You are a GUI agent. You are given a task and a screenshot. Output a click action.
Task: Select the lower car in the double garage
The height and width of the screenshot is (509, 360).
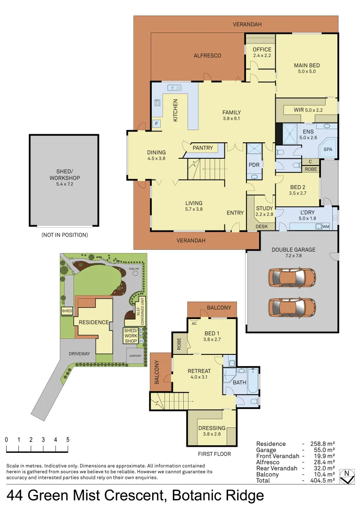pos(292,307)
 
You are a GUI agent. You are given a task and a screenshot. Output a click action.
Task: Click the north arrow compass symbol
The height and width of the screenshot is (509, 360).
pos(347,476)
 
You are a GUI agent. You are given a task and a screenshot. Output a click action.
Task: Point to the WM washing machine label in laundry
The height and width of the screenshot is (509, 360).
pos(326,227)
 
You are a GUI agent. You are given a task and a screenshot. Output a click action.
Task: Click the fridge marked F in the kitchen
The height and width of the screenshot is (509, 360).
pos(156,124)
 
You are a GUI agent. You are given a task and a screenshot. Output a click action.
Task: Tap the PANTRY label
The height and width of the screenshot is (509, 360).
pos(203,148)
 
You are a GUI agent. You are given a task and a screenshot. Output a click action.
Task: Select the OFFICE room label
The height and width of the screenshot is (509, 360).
pos(262,49)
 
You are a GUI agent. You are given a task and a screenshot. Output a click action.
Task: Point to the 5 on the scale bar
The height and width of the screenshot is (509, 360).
pos(68,440)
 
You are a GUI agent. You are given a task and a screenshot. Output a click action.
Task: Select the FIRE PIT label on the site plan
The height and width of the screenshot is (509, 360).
pos(134,269)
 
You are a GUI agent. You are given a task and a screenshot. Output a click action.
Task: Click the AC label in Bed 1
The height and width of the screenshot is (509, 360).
pos(194,324)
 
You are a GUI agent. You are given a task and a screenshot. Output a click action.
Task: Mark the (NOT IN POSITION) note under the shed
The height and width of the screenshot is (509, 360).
pos(64,235)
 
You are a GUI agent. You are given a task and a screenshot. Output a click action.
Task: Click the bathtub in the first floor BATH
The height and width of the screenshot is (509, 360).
pos(254,382)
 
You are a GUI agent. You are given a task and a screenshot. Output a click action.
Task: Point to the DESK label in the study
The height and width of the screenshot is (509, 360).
pos(262,227)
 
